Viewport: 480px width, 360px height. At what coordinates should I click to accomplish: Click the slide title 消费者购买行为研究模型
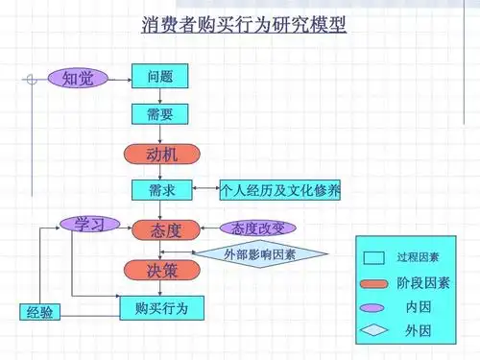tap(243, 22)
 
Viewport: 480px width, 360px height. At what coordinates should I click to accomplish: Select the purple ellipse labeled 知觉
tap(78, 77)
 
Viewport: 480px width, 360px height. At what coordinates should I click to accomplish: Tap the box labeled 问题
tap(160, 76)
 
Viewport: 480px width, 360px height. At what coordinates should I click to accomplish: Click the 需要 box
tap(160, 113)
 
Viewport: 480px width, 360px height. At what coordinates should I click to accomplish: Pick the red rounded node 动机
tap(160, 154)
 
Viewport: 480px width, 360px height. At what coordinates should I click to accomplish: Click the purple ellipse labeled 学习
tap(88, 225)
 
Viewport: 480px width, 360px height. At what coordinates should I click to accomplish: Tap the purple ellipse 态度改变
tap(257, 228)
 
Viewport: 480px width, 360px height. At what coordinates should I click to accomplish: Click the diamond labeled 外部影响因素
tap(259, 254)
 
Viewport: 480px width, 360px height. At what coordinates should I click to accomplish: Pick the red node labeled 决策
tap(160, 270)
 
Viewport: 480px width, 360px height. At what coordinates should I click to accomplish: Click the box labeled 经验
tap(41, 312)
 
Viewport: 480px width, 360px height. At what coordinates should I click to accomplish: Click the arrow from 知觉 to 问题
tap(119, 77)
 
